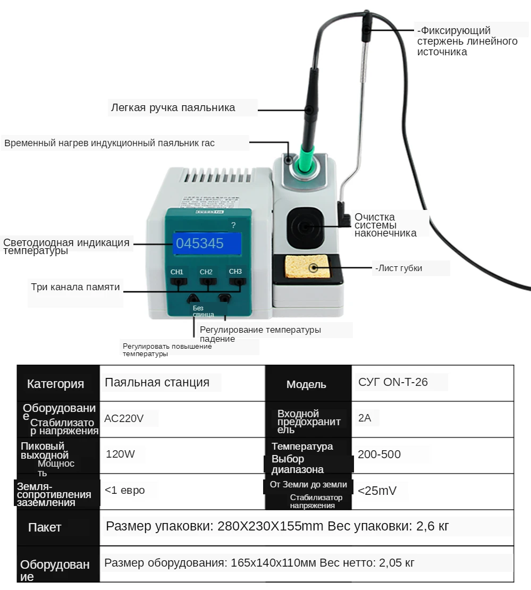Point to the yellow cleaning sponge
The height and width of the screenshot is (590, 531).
(x=307, y=268)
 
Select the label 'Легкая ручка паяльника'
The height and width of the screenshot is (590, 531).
(x=173, y=108)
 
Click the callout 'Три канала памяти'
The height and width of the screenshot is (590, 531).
(x=75, y=288)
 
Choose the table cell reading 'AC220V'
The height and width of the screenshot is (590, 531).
(x=124, y=418)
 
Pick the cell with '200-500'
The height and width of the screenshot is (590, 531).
(x=379, y=454)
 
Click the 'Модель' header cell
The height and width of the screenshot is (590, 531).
(x=306, y=384)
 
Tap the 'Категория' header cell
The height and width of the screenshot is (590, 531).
(x=55, y=384)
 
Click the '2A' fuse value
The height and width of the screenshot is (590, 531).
(x=365, y=418)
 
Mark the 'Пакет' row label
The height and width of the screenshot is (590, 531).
(x=45, y=527)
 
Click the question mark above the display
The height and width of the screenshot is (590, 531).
(x=233, y=225)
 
